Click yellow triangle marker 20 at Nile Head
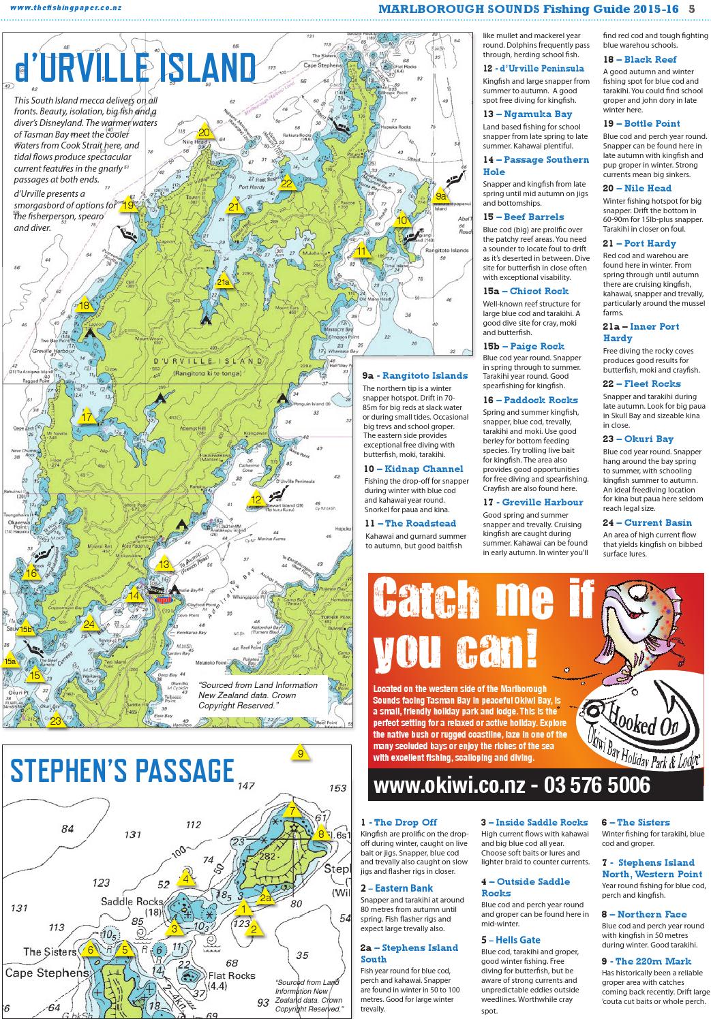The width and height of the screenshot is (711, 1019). click(x=204, y=132)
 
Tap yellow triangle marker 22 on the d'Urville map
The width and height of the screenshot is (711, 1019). click(x=286, y=183)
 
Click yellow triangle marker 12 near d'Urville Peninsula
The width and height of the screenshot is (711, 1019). click(x=256, y=499)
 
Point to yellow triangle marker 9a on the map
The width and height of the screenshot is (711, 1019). click(x=440, y=196)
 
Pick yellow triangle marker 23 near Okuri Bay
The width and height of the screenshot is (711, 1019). click(x=56, y=720)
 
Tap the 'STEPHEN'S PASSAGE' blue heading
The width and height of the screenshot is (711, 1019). click(x=122, y=771)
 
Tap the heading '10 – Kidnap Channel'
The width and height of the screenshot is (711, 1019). click(x=413, y=469)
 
